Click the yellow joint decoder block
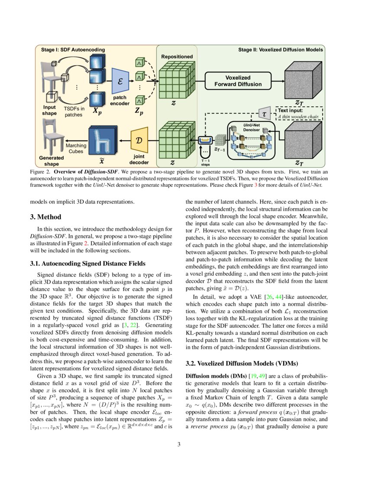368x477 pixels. pos(139,140)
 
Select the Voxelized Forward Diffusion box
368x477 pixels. pos(238,81)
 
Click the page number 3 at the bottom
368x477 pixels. pos(184,444)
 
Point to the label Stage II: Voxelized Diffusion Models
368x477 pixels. pos(281,49)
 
